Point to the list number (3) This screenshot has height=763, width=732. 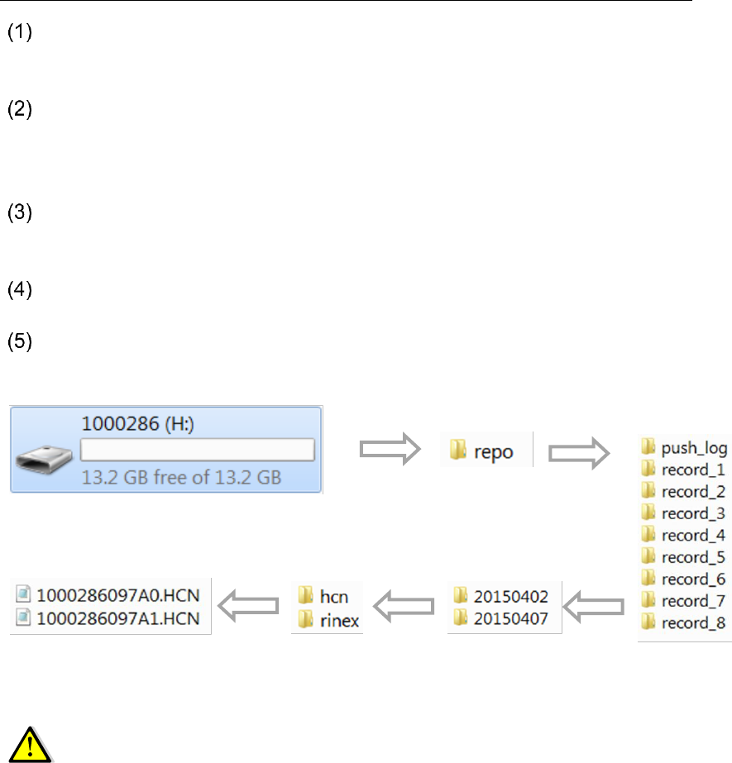[18, 213]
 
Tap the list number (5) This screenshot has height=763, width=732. [18, 342]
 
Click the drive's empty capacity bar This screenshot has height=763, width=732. [198, 450]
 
